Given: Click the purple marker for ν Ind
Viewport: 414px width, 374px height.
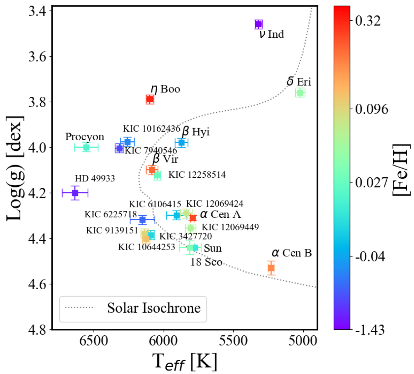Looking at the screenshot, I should point(258,24).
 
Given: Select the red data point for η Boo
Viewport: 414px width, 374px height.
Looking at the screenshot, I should point(150,100).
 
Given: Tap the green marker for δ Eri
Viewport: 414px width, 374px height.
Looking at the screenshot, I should point(300,93).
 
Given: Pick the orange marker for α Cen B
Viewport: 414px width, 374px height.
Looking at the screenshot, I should point(271,268).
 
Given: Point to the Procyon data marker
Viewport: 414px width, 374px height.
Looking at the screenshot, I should point(86,148).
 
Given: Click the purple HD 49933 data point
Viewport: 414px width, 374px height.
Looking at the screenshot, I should point(75,193).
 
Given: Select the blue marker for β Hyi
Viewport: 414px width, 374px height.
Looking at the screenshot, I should point(181,142).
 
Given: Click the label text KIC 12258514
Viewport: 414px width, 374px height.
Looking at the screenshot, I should point(197,175).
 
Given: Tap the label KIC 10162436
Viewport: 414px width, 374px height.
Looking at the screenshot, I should point(151,129).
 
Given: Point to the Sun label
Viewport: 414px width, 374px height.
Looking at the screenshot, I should point(213,248).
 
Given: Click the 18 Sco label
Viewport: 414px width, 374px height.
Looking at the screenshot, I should point(206,262).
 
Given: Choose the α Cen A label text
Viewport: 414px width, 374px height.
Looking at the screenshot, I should point(220,215).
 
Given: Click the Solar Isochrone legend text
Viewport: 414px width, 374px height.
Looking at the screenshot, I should point(154,308).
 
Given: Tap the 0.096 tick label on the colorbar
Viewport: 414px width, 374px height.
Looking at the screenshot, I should point(372,109).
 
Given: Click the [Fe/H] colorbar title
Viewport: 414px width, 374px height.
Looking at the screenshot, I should point(402,169).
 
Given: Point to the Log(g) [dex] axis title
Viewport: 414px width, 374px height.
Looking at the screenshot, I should point(15,168).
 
